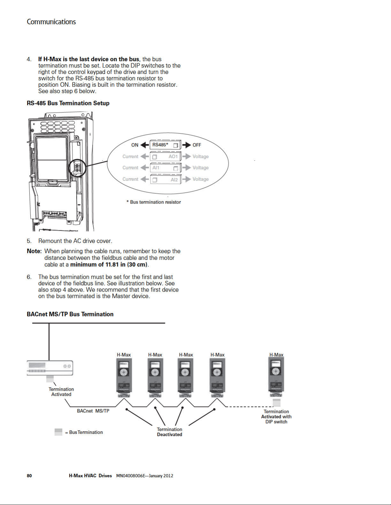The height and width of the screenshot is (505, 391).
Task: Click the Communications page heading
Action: [x=51, y=22]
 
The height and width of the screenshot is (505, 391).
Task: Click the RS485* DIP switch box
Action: [x=165, y=145]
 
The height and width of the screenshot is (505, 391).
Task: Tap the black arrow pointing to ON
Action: [x=145, y=145]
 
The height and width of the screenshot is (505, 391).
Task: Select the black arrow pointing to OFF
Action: [x=187, y=145]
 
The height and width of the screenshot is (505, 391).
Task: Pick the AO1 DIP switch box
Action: [x=165, y=157]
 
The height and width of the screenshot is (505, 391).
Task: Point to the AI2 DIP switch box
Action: [x=166, y=179]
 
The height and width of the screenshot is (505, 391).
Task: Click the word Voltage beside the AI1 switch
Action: [x=201, y=168]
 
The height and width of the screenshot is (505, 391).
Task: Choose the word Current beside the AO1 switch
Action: [x=130, y=157]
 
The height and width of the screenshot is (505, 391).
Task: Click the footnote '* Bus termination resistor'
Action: [x=154, y=202]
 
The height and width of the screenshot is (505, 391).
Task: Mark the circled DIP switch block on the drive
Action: [x=78, y=168]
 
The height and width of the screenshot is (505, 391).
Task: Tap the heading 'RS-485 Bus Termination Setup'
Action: [x=68, y=103]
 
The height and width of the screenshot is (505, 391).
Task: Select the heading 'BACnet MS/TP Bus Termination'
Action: [x=70, y=314]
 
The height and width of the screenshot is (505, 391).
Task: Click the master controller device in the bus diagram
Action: [x=50, y=368]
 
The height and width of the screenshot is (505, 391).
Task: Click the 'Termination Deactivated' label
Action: [x=169, y=432]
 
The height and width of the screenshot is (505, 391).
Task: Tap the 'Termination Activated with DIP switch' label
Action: [x=276, y=416]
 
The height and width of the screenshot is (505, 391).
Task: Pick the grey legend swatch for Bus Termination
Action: [x=58, y=432]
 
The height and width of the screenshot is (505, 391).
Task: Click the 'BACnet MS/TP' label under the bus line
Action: [x=93, y=411]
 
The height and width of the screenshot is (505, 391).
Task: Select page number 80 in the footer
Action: [x=29, y=476]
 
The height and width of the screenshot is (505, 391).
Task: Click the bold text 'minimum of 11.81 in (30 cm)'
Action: [x=109, y=265]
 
